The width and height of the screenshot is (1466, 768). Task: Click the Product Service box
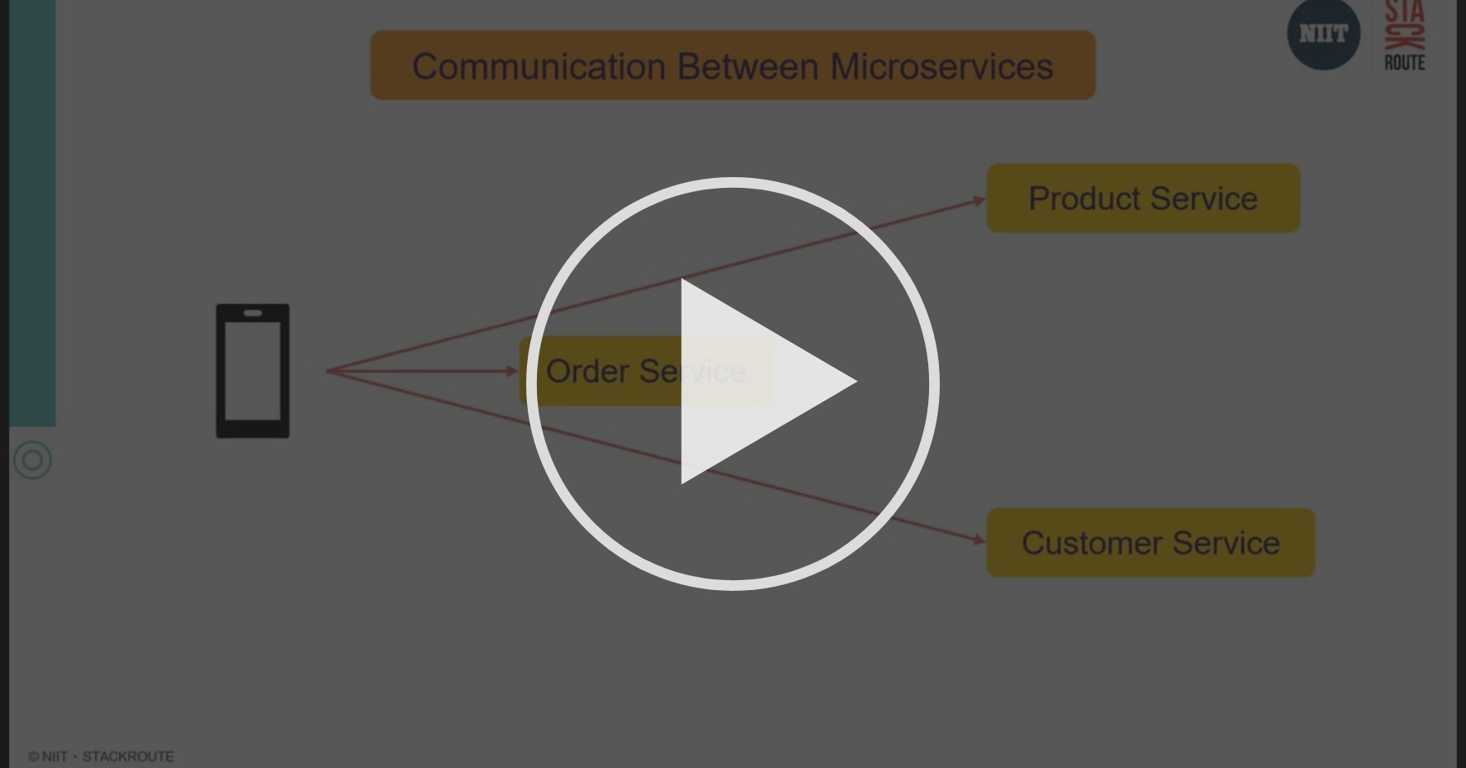click(x=1143, y=199)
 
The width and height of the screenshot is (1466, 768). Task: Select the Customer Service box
click(x=1150, y=543)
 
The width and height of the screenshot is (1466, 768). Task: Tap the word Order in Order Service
click(x=587, y=372)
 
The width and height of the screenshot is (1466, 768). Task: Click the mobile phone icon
click(x=252, y=371)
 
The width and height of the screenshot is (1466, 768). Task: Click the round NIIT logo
click(x=1323, y=34)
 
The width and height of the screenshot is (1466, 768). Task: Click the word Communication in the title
click(x=539, y=66)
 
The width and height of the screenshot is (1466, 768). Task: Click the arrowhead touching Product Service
click(x=980, y=200)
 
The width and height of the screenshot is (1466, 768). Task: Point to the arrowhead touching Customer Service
click(x=979, y=540)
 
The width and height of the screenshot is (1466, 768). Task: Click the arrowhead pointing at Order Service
click(x=512, y=371)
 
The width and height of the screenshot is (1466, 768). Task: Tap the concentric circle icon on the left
click(x=33, y=460)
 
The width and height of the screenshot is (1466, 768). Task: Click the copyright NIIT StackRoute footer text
click(x=101, y=756)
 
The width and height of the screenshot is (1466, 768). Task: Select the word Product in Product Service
click(x=1084, y=199)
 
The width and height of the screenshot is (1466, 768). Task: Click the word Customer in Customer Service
click(x=1092, y=543)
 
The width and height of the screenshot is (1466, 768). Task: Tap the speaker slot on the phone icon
click(x=252, y=313)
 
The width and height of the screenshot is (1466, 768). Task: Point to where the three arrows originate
click(x=328, y=371)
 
